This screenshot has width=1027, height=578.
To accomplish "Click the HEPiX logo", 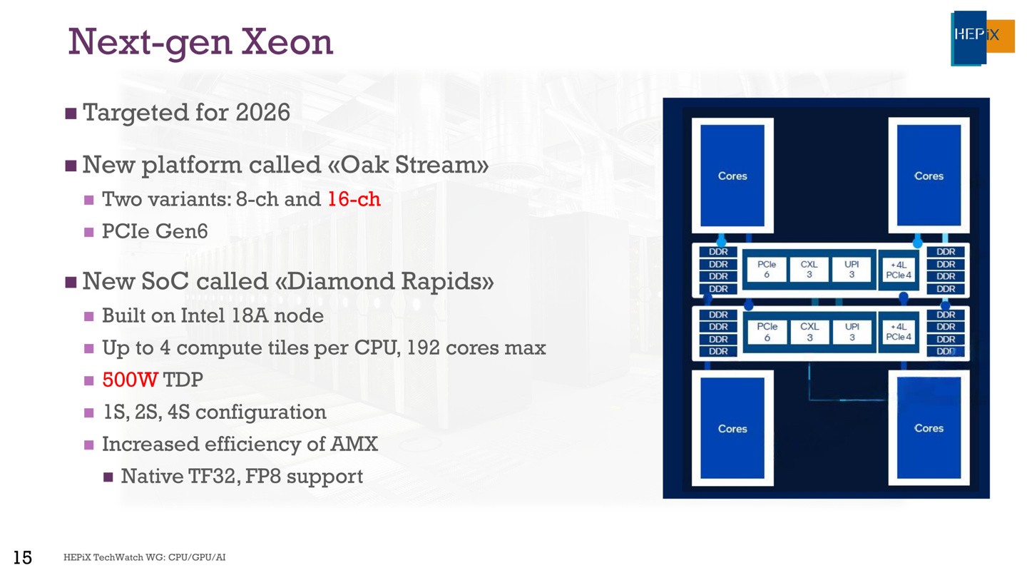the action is pyautogui.click(x=982, y=38).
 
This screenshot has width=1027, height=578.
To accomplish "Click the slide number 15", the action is pyautogui.click(x=23, y=557).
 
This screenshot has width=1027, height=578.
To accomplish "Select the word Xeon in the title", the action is pyautogui.click(x=287, y=42).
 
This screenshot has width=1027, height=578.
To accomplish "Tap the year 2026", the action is pyautogui.click(x=262, y=113).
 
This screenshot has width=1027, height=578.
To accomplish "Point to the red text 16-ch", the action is pyautogui.click(x=354, y=199).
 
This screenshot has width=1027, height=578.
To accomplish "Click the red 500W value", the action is pyautogui.click(x=131, y=380).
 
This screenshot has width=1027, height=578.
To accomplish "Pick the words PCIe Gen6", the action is pyautogui.click(x=155, y=230).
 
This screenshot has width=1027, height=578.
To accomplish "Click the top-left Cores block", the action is pyautogui.click(x=732, y=176).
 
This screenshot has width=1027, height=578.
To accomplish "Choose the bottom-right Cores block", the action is pyautogui.click(x=929, y=428).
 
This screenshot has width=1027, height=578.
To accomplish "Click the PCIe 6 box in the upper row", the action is pyautogui.click(x=767, y=269).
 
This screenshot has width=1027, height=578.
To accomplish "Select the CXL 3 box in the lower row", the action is pyautogui.click(x=809, y=332).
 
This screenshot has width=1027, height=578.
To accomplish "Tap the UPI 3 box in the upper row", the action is pyautogui.click(x=852, y=269).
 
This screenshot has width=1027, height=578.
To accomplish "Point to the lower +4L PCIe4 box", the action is pyautogui.click(x=899, y=332).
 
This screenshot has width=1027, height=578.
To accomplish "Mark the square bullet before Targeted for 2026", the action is pyautogui.click(x=71, y=113).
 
